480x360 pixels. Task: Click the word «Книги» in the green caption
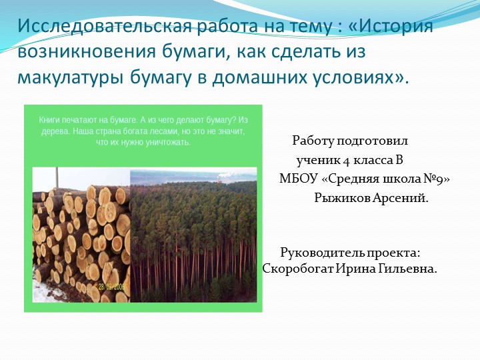pyautogui.click(x=51, y=119)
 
